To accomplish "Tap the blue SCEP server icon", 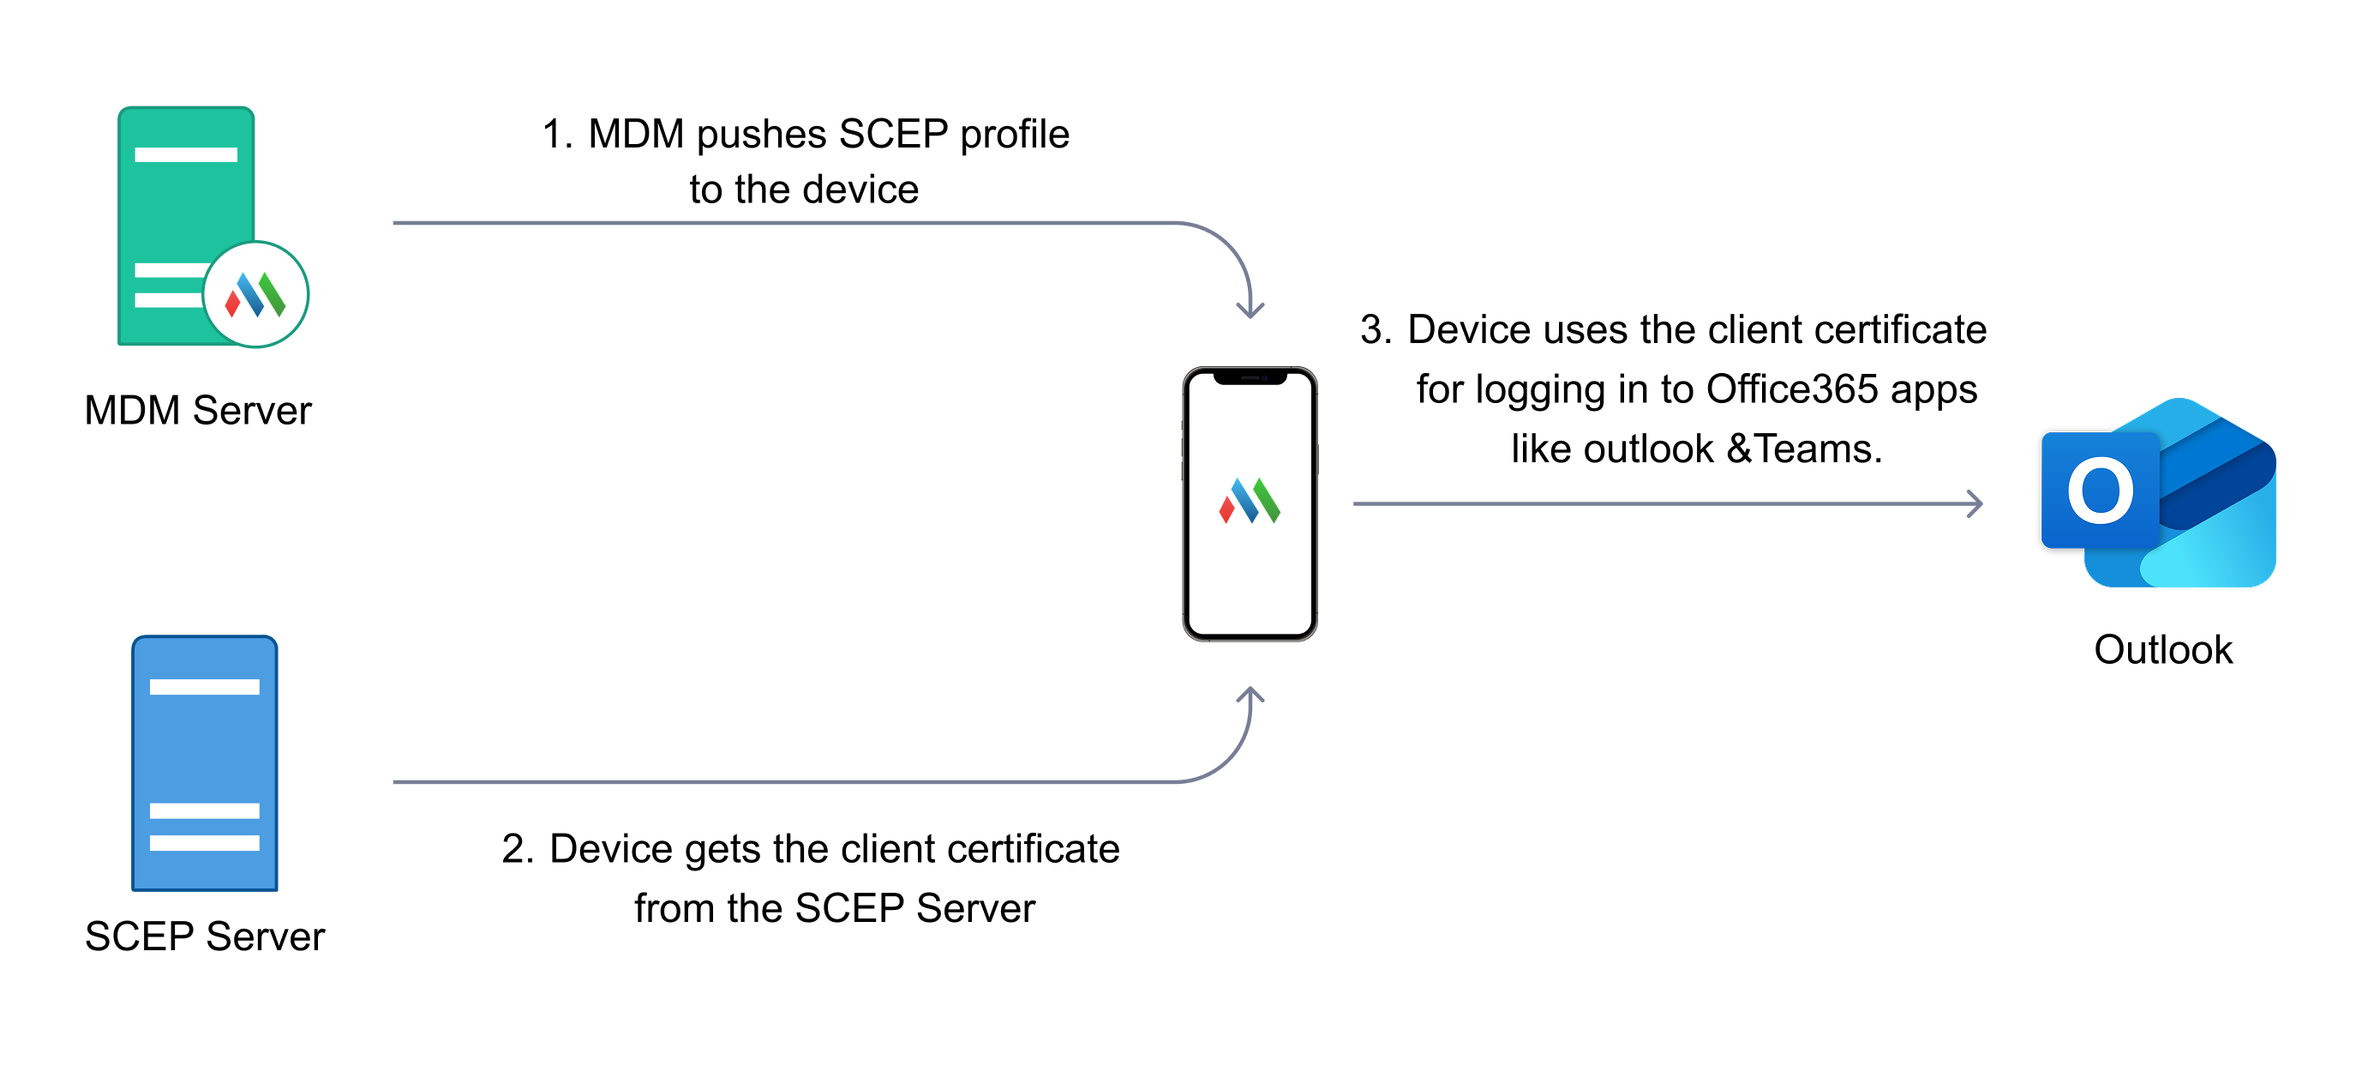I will point(204,762).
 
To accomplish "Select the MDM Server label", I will point(198,410).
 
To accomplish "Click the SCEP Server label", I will point(204,936).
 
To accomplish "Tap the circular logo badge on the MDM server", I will point(256,295).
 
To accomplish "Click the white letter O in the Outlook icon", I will point(2100,491).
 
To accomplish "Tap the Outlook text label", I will point(2163,650).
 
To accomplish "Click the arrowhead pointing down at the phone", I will point(1250,310).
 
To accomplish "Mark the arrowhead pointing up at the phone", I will point(1250,695).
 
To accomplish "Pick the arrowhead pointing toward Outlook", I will point(1975,503).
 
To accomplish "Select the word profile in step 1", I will point(1015,135).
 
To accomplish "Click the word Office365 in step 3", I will point(1791,389).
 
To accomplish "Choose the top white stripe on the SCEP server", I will point(204,687).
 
